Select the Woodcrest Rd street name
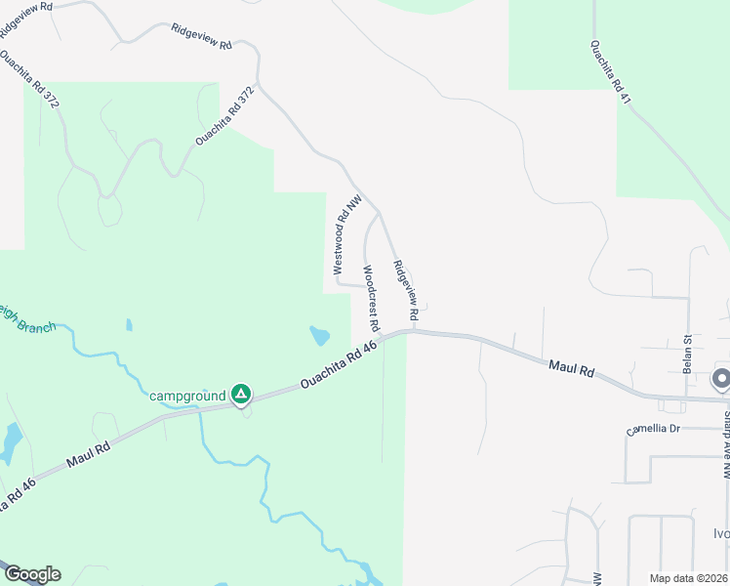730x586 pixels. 371,297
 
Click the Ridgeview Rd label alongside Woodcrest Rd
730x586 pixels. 405,291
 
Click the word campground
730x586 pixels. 187,396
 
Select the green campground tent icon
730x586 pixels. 241,395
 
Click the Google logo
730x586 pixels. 31,574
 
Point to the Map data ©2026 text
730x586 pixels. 689,578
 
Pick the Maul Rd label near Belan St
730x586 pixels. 572,367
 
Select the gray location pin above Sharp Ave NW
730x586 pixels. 721,379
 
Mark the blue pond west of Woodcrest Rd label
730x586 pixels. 319,337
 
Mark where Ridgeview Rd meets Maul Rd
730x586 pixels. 414,330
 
